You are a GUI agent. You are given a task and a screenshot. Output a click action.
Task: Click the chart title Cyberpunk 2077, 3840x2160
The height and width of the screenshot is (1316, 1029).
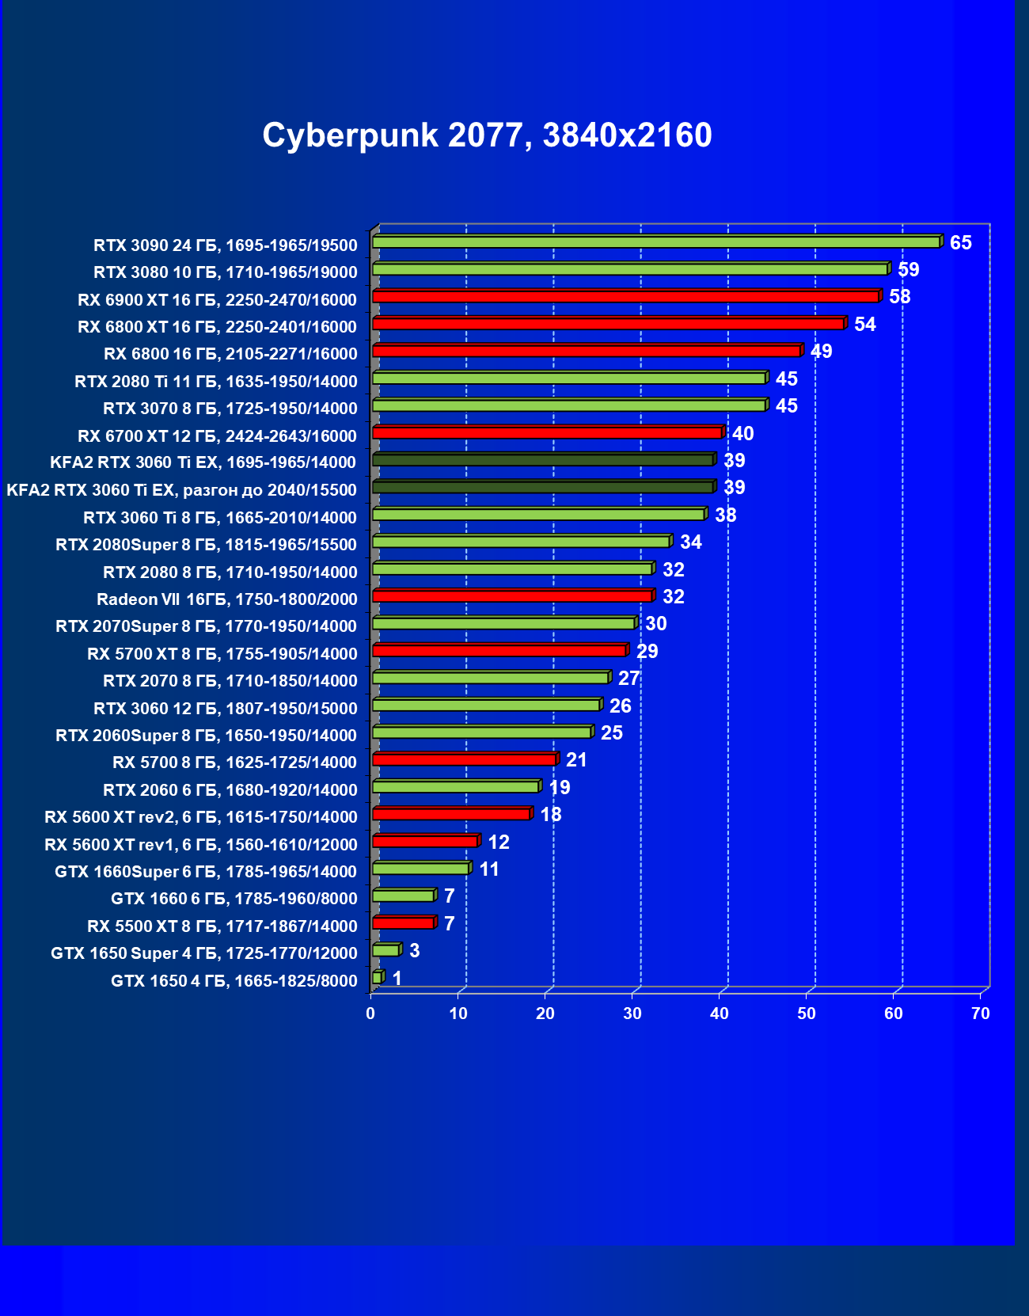pyautogui.click(x=487, y=135)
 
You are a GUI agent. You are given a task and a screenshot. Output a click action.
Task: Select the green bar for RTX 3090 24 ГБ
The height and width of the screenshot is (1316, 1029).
pyautogui.click(x=656, y=242)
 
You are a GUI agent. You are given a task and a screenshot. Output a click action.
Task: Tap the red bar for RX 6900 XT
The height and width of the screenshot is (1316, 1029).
pyautogui.click(x=625, y=296)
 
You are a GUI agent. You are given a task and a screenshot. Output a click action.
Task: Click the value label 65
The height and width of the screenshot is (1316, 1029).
pyautogui.click(x=960, y=242)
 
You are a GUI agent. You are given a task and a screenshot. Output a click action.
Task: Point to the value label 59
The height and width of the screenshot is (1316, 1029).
pyautogui.click(x=908, y=269)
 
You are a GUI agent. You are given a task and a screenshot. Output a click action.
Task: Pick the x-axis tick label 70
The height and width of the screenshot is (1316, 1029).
pyautogui.click(x=980, y=1014)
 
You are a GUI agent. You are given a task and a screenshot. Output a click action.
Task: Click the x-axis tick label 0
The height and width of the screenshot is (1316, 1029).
pyautogui.click(x=370, y=1014)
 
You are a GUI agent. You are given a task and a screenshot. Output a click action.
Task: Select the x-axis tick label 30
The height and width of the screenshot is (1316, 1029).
pyautogui.click(x=632, y=1014)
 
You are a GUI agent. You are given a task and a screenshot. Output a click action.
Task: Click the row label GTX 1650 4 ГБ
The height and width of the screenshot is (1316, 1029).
pyautogui.click(x=234, y=981)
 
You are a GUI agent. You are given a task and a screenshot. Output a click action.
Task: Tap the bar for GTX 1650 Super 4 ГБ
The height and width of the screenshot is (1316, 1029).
pyautogui.click(x=385, y=950)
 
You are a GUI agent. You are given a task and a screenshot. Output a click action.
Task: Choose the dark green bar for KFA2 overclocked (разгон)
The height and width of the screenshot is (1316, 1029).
pyautogui.click(x=542, y=487)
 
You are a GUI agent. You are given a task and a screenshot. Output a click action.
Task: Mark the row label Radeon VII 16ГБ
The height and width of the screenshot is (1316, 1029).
pyautogui.click(x=226, y=599)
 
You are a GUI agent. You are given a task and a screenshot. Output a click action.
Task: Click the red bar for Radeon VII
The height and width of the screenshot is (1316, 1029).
pyautogui.click(x=512, y=595)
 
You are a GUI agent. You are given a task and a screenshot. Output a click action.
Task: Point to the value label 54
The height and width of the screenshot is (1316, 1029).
pyautogui.click(x=864, y=324)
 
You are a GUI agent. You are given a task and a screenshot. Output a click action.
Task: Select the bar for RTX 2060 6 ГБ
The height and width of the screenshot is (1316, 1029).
pyautogui.click(x=455, y=786)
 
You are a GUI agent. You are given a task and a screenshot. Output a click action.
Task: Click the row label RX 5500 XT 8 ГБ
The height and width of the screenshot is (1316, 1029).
pyautogui.click(x=222, y=926)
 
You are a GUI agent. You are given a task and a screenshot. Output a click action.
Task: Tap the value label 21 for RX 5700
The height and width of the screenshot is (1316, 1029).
pyautogui.click(x=576, y=760)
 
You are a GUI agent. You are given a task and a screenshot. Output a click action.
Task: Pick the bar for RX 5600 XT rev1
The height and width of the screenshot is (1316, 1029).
pyautogui.click(x=424, y=841)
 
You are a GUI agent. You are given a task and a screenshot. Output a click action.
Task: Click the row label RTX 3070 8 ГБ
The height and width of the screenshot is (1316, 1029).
pyautogui.click(x=230, y=409)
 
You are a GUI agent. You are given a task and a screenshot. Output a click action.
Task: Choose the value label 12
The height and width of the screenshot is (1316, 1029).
pyautogui.click(x=498, y=842)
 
